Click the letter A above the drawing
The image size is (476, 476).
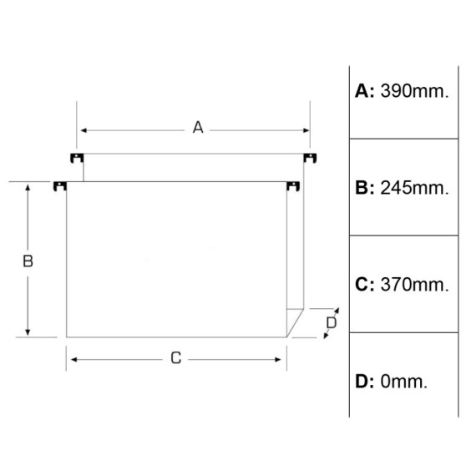[x=198, y=128]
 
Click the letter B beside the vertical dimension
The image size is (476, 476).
[x=28, y=261]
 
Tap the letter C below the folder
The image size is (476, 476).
[x=176, y=358]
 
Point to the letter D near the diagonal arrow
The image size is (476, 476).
[x=332, y=322]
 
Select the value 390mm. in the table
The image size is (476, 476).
[x=414, y=91]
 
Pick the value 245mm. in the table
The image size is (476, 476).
[x=414, y=188]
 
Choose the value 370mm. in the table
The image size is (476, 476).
[x=414, y=285]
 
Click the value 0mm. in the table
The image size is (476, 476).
[x=403, y=382]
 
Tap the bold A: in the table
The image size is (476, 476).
[x=365, y=91]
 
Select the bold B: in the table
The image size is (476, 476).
[x=365, y=188]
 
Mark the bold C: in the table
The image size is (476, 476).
[x=365, y=285]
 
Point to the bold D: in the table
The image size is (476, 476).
[x=365, y=382]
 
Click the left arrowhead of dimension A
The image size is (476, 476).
[x=84, y=130]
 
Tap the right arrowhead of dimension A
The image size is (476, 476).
[x=306, y=130]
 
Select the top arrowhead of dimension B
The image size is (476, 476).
[x=28, y=188]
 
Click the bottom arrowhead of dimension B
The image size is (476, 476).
[x=28, y=332]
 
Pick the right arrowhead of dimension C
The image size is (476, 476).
[x=278, y=360]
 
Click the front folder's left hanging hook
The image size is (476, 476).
[x=60, y=186]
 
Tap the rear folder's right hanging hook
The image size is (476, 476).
[x=310, y=158]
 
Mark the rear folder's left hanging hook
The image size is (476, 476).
[x=77, y=158]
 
